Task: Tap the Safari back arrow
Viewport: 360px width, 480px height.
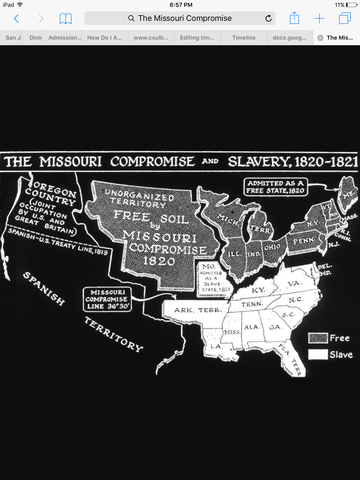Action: click(x=16, y=18)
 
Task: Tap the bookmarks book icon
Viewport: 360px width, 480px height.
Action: click(x=66, y=18)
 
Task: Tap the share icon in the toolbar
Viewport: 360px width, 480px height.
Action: click(x=294, y=18)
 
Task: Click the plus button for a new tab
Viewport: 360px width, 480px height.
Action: click(x=320, y=18)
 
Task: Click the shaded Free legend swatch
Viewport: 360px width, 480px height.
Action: click(x=319, y=338)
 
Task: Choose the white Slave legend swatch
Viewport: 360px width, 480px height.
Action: click(x=319, y=353)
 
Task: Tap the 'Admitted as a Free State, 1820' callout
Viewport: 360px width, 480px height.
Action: click(x=278, y=188)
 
